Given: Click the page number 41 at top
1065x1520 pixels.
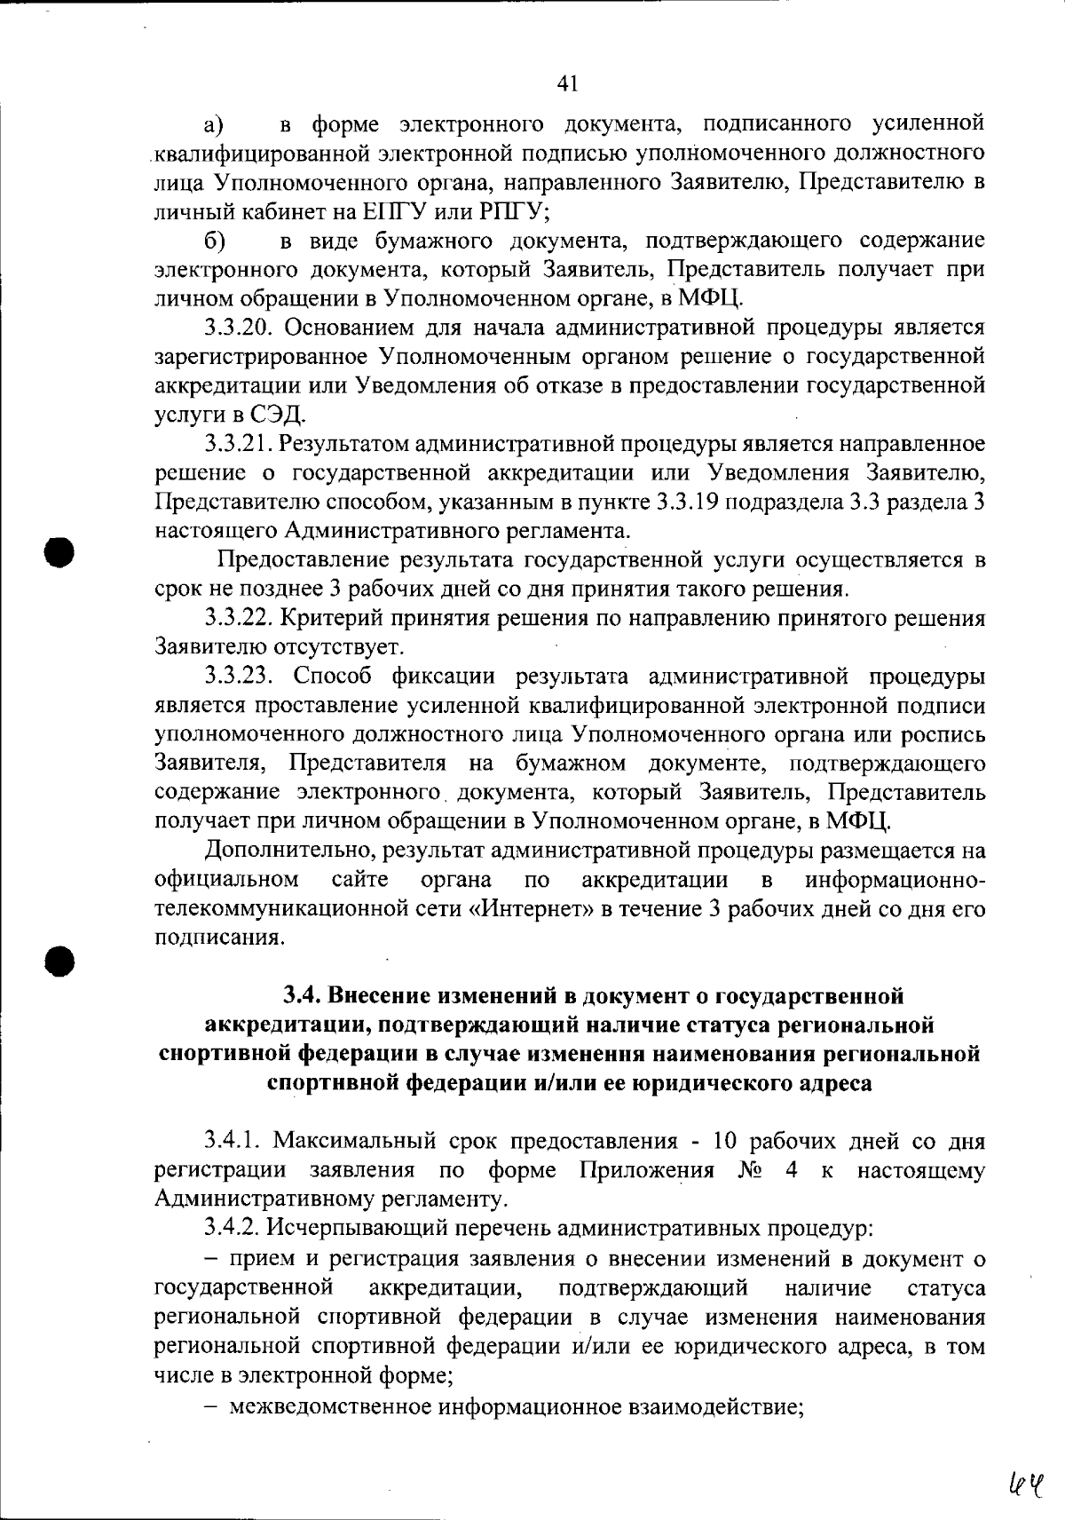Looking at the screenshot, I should [x=568, y=84].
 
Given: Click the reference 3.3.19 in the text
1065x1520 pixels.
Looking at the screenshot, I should [x=690, y=503].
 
